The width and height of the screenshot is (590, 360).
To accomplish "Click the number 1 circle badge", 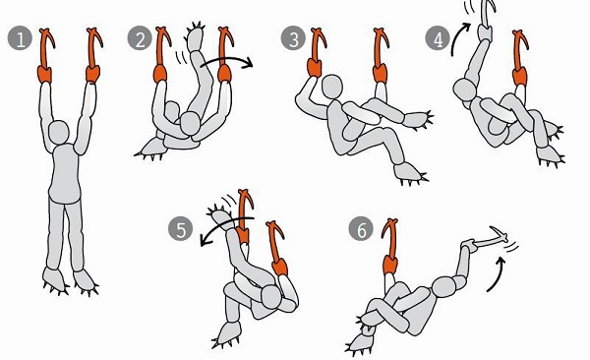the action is pyautogui.click(x=20, y=38).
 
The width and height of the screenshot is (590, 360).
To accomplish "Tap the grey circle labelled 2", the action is pyautogui.click(x=140, y=38).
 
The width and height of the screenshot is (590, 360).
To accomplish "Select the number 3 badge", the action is pyautogui.click(x=293, y=38).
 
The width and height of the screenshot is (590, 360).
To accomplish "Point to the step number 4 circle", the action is pyautogui.click(x=438, y=38).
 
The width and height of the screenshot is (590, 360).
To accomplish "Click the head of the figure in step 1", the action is pyautogui.click(x=59, y=132).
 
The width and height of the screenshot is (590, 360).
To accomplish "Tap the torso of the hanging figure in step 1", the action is pyautogui.click(x=65, y=173).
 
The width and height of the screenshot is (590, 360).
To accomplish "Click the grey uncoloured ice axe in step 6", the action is pyautogui.click(x=489, y=242).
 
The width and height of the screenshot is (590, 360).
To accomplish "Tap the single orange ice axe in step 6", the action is pyautogui.click(x=390, y=247).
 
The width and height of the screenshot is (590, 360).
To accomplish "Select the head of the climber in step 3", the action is pyautogui.click(x=332, y=87).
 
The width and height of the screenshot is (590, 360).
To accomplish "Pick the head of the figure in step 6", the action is pyautogui.click(x=444, y=287).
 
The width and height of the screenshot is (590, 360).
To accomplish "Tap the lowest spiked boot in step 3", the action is pyautogui.click(x=409, y=173).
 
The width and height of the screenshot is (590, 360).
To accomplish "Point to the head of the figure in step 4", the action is pyautogui.click(x=465, y=90).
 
